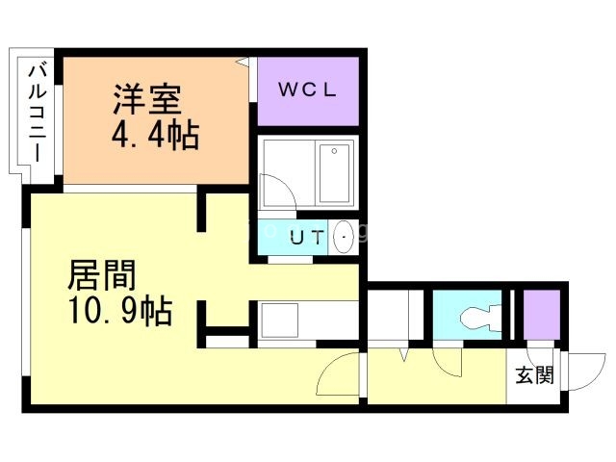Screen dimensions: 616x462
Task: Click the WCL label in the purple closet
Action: tap(307, 90)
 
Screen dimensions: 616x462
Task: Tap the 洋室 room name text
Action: tap(147, 98)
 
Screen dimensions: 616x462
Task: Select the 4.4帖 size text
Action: tap(156, 135)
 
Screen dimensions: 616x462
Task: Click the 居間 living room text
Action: tap(102, 274)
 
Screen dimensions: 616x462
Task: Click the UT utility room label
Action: tap(307, 238)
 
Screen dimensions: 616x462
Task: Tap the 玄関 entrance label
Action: tap(535, 374)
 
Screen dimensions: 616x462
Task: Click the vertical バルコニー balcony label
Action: tap(38, 114)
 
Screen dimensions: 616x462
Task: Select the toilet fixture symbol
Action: tap(480, 317)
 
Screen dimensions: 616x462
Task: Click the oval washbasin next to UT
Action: tap(344, 237)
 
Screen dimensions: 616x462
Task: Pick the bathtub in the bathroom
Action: tap(334, 173)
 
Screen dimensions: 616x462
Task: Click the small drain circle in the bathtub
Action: tap(334, 151)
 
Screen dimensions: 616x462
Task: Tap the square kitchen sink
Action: tap(280, 321)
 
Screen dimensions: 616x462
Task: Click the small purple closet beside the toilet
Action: tap(542, 315)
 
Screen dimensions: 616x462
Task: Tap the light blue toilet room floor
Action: tap(467, 315)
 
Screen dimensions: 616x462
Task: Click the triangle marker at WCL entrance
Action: tap(243, 62)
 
